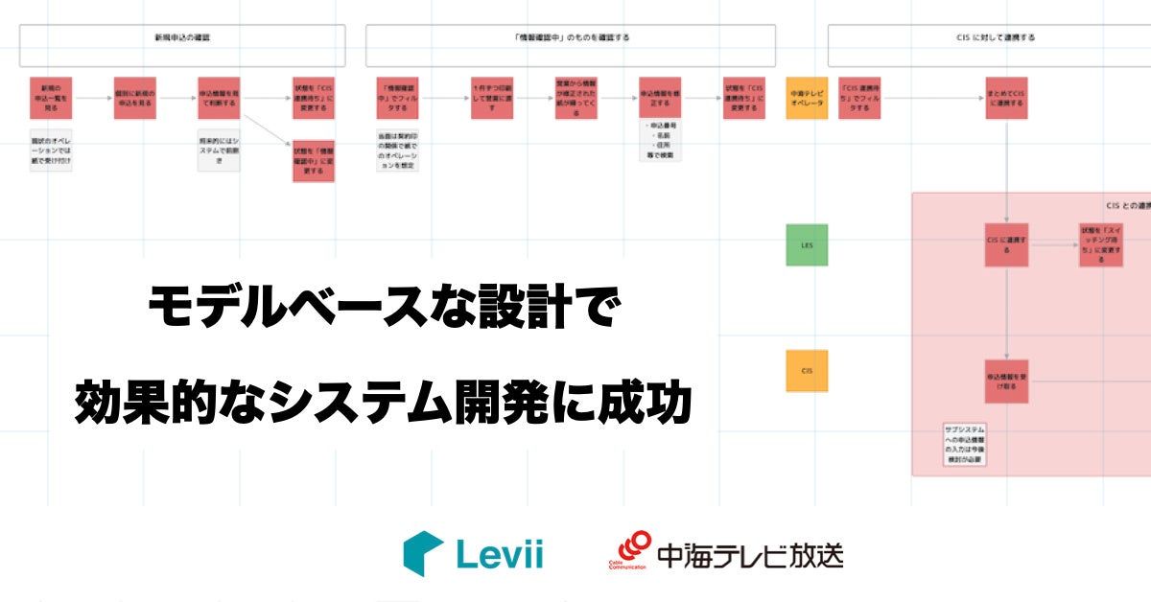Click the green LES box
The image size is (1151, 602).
pos(807,244)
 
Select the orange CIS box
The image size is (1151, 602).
pos(807,370)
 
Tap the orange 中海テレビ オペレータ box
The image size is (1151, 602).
pos(807,98)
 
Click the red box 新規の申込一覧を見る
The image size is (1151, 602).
pos(51,98)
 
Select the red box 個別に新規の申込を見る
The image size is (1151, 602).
pos(135,98)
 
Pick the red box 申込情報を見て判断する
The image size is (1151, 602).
pos(219,98)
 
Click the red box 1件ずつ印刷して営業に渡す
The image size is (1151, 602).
pos(491,98)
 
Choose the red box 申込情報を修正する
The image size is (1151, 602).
pos(660,98)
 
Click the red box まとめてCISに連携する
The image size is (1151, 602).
pos(1007,98)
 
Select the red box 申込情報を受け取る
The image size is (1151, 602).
pos(1007,381)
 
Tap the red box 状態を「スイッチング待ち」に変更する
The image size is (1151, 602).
pos(1100,244)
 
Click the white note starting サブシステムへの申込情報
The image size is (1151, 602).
pos(965,445)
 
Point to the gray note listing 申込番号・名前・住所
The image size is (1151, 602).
pos(660,141)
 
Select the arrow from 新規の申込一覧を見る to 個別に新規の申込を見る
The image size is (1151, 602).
pos(93,98)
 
